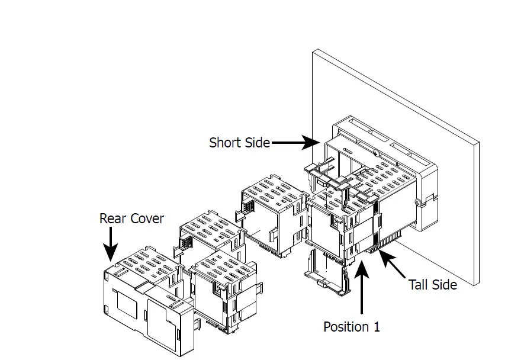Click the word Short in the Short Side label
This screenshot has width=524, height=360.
225,143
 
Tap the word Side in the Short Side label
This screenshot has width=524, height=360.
257,143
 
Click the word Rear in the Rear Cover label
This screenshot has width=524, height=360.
113,218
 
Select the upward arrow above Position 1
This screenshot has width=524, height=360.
362,290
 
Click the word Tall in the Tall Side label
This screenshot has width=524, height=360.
420,285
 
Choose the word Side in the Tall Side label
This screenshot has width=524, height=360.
444,285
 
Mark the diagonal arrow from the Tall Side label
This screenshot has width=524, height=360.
393,264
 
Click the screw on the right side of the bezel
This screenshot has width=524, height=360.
418,203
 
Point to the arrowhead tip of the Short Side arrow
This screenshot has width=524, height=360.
318,142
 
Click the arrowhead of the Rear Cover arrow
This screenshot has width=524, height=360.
110,255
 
